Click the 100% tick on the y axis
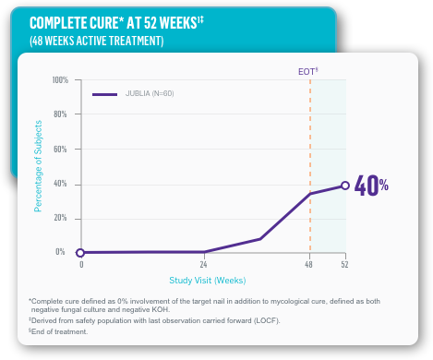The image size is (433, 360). click(59, 80)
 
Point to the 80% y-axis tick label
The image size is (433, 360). click(61, 114)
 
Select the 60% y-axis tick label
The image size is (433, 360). click(61, 149)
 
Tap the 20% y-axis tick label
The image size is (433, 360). click(61, 218)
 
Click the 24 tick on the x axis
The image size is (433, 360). click(203, 265)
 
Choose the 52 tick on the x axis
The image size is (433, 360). click(345, 265)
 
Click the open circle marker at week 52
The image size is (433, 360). click(345, 186)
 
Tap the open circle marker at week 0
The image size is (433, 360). click(80, 252)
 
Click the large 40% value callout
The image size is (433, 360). click(371, 186)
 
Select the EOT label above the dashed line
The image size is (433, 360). click(307, 70)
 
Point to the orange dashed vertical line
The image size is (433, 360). click(310, 138)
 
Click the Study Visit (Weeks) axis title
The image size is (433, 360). click(207, 280)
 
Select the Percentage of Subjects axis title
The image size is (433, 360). click(39, 165)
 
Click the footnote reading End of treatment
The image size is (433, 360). click(60, 331)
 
